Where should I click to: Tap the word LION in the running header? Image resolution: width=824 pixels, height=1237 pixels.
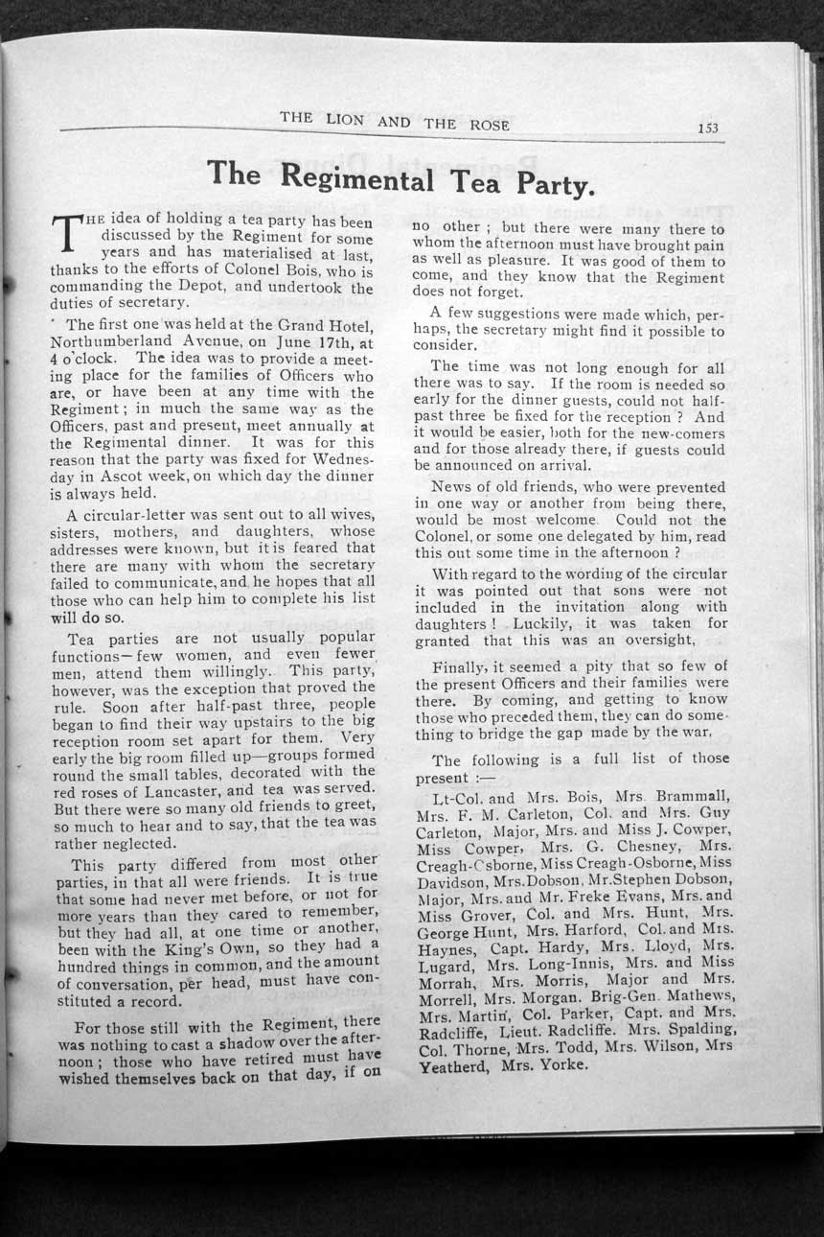343,120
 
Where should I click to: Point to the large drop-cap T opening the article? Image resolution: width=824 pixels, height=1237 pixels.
67,232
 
